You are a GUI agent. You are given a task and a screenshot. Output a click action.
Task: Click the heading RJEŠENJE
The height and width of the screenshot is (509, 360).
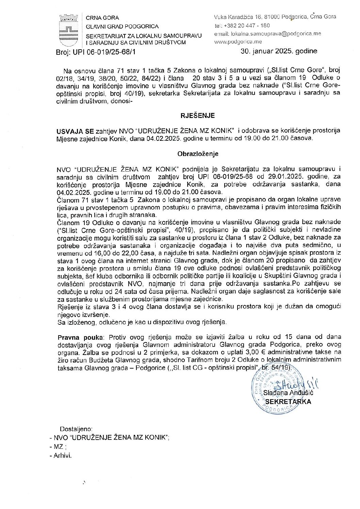click(x=197, y=116)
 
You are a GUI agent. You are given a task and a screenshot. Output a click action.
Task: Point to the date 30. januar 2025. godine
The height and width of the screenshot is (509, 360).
click(x=279, y=51)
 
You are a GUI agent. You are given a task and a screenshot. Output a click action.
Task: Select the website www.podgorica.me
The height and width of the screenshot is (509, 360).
click(x=238, y=41)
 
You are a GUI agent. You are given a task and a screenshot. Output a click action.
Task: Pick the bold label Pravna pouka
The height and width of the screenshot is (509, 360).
click(x=80, y=337)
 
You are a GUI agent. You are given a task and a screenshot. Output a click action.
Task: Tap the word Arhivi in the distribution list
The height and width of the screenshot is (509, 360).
click(x=62, y=456)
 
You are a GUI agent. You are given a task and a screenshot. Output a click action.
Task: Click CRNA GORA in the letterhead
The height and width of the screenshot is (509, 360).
click(x=102, y=18)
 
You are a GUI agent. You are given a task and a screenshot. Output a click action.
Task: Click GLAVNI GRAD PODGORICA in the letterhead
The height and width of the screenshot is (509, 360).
click(x=122, y=26)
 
